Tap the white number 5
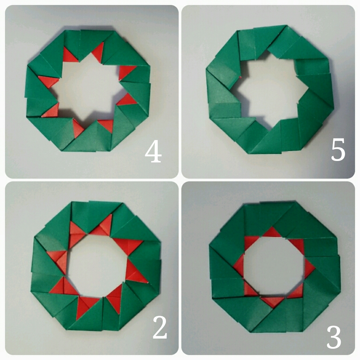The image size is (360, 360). [338, 149]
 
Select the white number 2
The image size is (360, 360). [160, 327]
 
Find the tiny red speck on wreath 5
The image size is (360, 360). [240, 77]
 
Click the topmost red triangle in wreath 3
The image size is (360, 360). [272, 233]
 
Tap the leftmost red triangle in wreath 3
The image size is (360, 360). [239, 265]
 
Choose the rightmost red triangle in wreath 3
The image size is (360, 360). [309, 268]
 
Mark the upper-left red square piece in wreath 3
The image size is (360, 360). [250, 242]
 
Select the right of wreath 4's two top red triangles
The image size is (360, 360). [98, 53]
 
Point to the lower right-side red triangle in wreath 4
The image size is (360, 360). [126, 99]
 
